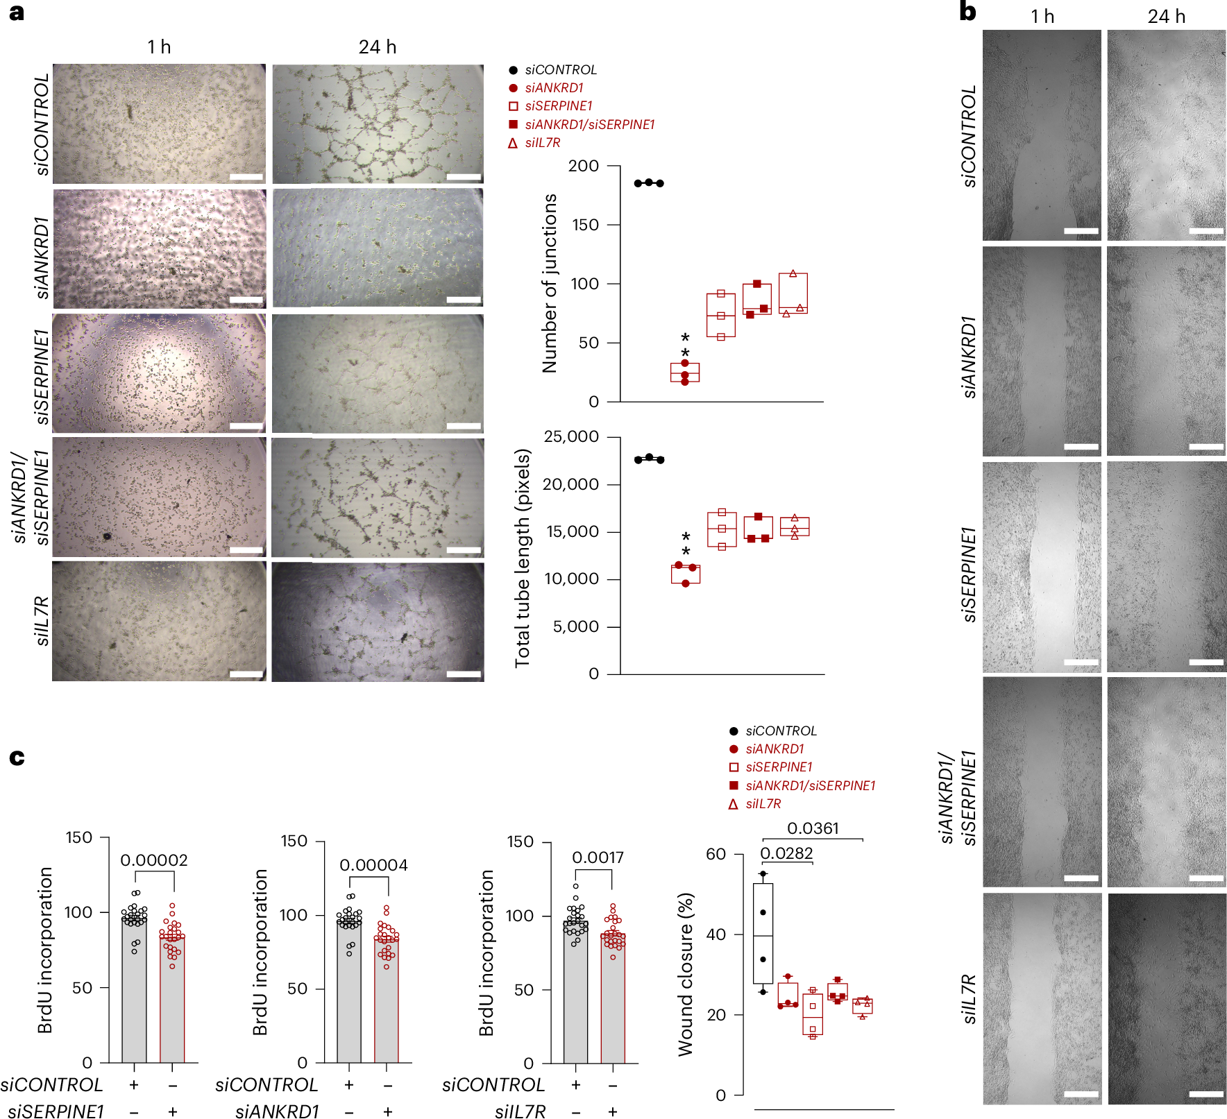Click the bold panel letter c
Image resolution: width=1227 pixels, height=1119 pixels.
pyautogui.click(x=17, y=758)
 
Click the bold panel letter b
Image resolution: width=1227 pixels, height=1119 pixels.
pyautogui.click(x=967, y=12)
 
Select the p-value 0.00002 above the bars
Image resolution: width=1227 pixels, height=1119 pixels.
pyautogui.click(x=154, y=860)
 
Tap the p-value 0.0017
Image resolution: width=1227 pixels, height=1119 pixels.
pyautogui.click(x=598, y=857)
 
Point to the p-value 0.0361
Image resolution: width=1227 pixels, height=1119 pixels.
pyautogui.click(x=813, y=828)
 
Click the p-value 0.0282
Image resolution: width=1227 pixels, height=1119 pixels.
pyautogui.click(x=786, y=853)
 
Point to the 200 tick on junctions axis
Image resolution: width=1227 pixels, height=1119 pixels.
pyautogui.click(x=583, y=166)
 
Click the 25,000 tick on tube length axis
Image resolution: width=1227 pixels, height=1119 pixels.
pyautogui.click(x=571, y=436)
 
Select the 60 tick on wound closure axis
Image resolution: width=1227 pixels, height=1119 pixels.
pyautogui.click(x=716, y=854)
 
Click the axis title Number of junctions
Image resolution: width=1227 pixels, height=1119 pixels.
pyautogui.click(x=550, y=283)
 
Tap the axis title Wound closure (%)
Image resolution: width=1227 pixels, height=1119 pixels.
pyautogui.click(x=686, y=974)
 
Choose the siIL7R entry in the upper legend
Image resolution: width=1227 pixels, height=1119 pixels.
pyautogui.click(x=542, y=143)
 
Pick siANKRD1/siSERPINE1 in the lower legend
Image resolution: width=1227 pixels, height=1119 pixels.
pyautogui.click(x=810, y=785)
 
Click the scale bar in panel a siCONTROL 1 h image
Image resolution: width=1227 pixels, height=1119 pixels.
pyautogui.click(x=246, y=177)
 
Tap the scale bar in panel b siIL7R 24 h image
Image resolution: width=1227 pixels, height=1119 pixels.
pyautogui.click(x=1206, y=1094)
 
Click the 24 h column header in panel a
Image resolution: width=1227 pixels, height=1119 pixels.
pyautogui.click(x=378, y=47)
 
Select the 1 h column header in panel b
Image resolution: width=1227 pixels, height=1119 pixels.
pyautogui.click(x=1042, y=17)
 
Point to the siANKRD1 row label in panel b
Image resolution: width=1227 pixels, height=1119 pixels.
pyautogui.click(x=969, y=357)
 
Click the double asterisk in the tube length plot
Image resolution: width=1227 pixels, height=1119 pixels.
pyautogui.click(x=686, y=544)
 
